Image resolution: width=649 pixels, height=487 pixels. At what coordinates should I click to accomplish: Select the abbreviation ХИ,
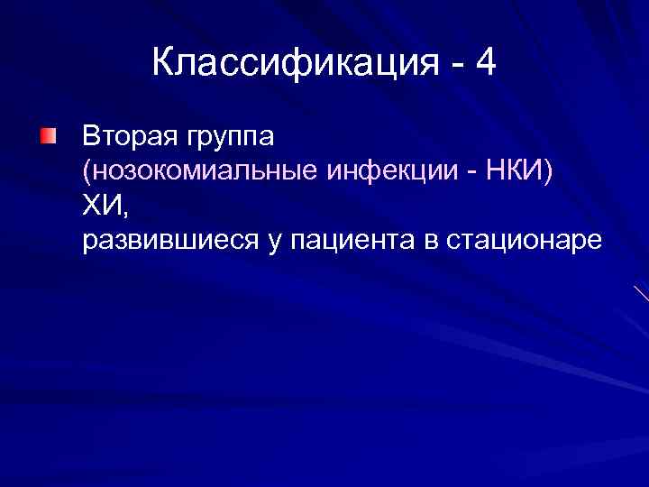105,207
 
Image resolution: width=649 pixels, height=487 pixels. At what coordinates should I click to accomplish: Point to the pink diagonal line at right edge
641,292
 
